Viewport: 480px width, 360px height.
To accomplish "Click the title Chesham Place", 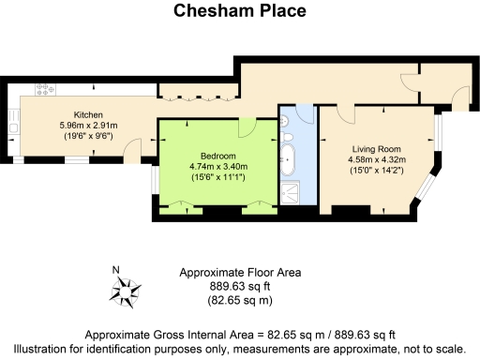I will click(x=239, y=12).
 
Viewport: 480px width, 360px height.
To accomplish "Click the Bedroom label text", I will click(x=217, y=156).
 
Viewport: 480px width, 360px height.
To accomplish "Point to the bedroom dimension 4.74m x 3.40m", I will click(x=217, y=166).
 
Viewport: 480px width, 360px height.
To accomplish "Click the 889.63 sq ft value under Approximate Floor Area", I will click(x=239, y=287).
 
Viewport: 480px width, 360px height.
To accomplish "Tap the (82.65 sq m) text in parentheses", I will click(x=239, y=301).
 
